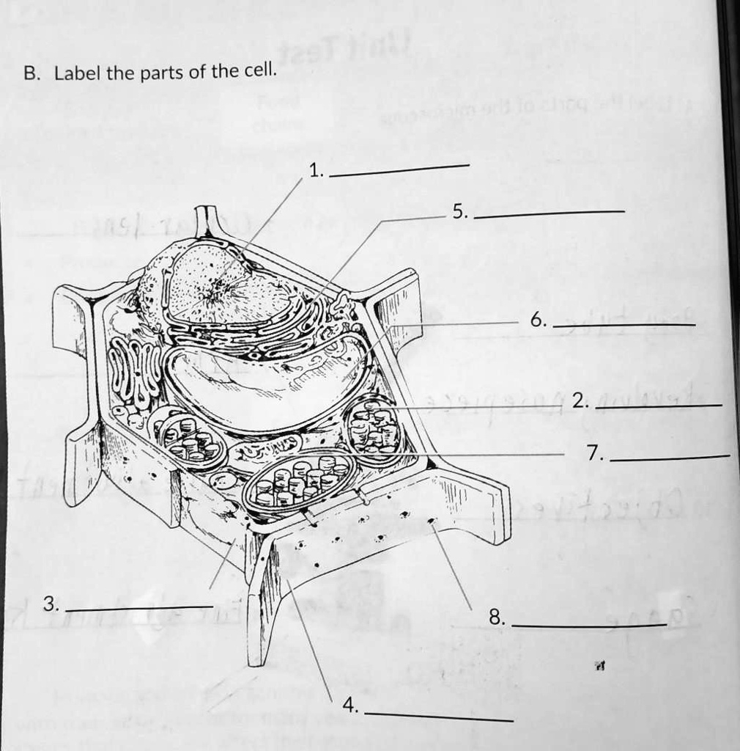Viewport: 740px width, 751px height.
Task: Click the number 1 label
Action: tap(314, 172)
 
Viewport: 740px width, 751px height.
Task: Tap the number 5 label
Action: tap(459, 213)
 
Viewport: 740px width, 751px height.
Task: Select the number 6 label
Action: tap(538, 320)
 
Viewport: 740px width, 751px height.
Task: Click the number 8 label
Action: tap(497, 618)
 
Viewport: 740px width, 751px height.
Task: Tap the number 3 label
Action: tap(49, 604)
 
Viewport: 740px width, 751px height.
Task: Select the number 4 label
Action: tap(351, 706)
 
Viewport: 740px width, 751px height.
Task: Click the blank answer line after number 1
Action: tap(399, 171)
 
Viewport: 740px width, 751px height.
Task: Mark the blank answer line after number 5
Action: tap(550, 213)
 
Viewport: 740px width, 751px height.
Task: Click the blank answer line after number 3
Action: tap(139, 609)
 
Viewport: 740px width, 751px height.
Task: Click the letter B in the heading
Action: tap(29, 73)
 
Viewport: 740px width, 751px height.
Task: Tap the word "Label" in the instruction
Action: tap(78, 73)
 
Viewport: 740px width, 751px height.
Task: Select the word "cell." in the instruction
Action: tap(261, 71)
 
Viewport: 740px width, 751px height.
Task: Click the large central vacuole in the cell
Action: tap(264, 381)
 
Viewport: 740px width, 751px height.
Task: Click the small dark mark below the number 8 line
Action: tap(600, 666)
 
